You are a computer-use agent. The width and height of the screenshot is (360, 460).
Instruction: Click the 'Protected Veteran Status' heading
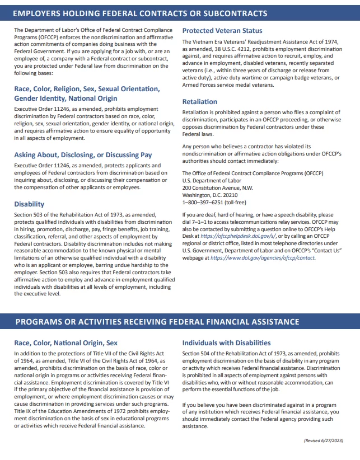click(222, 31)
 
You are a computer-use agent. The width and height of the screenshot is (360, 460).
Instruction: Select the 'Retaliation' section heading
click(200, 102)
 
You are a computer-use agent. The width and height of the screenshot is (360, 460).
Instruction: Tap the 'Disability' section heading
click(29, 204)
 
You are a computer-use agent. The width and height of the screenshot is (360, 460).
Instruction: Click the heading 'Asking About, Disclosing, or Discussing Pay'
click(83, 154)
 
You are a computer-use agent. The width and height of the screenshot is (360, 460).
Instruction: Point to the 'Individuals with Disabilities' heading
click(226, 342)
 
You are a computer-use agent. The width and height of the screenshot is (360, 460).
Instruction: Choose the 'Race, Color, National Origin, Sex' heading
click(66, 342)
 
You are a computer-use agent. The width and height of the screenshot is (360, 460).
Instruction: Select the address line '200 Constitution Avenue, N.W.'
click(217, 188)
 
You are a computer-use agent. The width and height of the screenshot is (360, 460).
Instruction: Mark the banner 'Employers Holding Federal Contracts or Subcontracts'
click(140, 13)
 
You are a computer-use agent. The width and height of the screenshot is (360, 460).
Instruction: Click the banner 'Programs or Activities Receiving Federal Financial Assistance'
click(157, 322)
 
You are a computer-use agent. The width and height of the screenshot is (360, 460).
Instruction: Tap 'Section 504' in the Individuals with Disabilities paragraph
click(197, 354)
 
